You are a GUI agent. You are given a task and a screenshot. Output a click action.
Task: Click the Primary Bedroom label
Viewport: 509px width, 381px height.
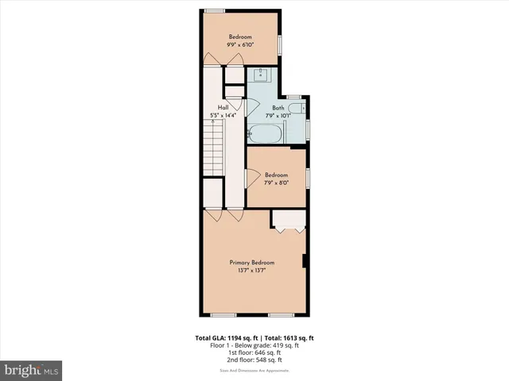pos(252,263)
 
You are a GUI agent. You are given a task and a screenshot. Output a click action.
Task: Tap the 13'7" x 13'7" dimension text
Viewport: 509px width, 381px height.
pos(252,271)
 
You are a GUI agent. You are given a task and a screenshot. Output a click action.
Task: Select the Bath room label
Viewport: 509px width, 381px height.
pos(278,108)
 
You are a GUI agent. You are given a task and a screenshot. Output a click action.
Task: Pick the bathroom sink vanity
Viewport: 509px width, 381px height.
pos(260,75)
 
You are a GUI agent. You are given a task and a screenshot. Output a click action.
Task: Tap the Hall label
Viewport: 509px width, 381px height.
pos(223,108)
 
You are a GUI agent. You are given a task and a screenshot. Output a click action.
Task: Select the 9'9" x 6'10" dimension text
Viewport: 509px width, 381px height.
pos(241,45)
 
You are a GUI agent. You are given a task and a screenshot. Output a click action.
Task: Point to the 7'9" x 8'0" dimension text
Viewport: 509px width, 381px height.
pos(276,183)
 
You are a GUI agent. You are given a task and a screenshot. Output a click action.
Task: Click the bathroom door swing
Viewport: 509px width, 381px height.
pos(252,105)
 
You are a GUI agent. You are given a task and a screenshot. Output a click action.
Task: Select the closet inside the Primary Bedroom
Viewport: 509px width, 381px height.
pos(288,220)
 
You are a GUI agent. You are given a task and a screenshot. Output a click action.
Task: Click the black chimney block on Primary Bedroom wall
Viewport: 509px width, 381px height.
pos(305,261)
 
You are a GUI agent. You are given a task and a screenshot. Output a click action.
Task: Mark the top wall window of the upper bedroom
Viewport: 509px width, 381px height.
pos(214,11)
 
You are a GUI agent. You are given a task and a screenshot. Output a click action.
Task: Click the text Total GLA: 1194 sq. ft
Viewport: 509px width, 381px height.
pos(225,337)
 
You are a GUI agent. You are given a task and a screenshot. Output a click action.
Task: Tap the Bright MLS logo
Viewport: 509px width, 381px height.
pos(32,370)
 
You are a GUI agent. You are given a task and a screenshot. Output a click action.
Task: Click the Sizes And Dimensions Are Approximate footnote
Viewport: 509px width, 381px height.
pos(254,370)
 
